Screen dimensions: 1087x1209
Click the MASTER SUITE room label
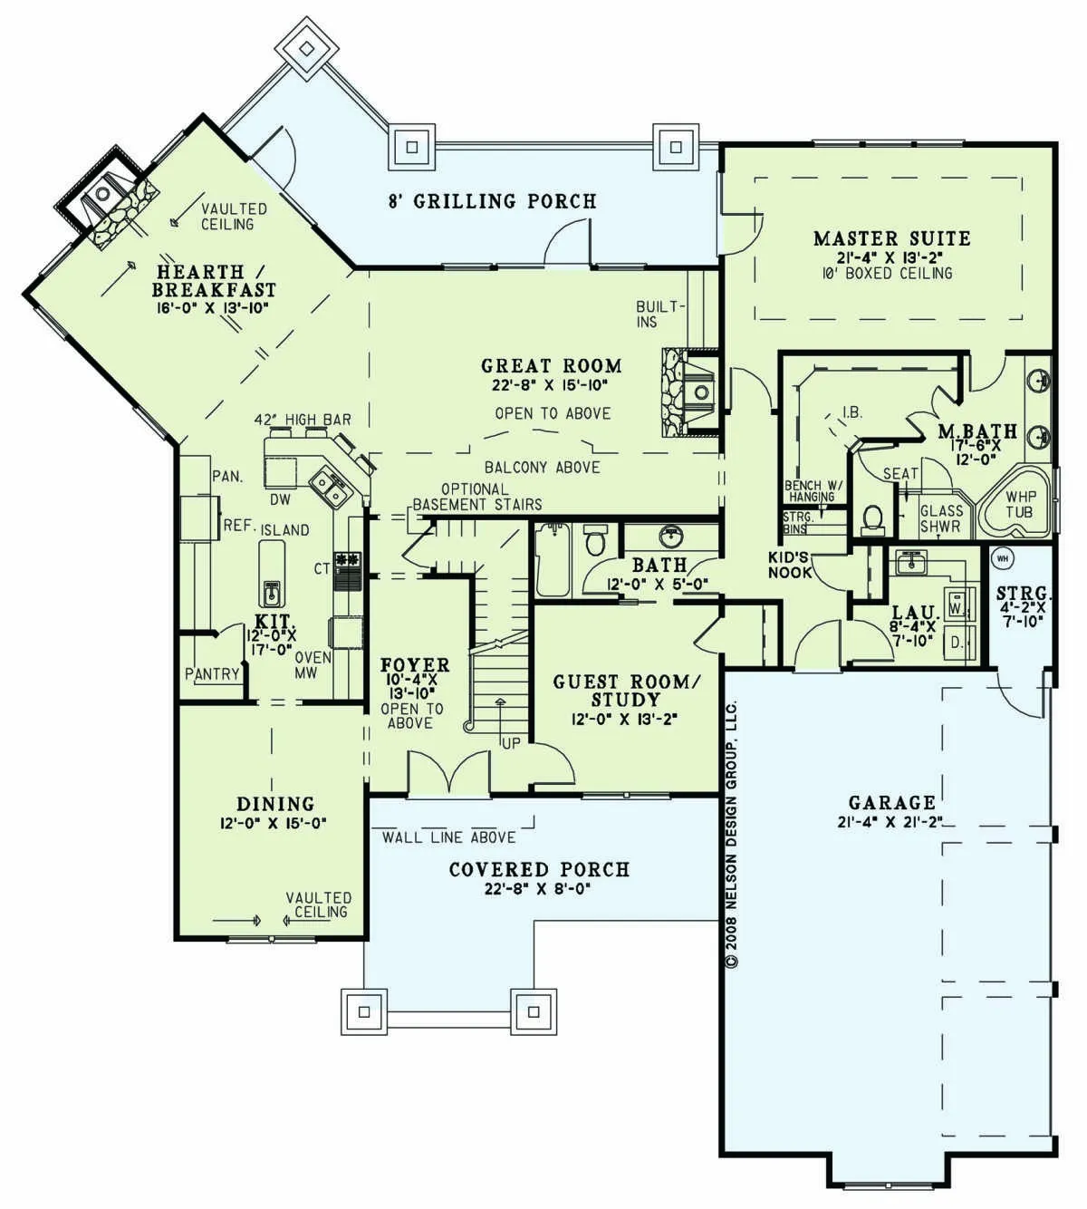(x=891, y=238)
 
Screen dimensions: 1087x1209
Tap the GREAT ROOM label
(x=552, y=366)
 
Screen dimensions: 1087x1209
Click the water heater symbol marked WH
(x=1003, y=558)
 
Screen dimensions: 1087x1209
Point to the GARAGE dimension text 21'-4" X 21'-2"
(x=890, y=822)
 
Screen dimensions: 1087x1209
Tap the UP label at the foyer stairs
(x=510, y=744)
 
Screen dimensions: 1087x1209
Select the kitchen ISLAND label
(x=284, y=530)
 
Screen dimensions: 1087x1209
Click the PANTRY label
(x=212, y=674)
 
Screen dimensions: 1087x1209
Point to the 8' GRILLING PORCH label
(x=492, y=200)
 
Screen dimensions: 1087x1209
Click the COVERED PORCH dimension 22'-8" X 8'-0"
(x=537, y=889)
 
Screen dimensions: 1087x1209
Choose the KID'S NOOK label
(x=789, y=565)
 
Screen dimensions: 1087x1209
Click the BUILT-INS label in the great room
(x=660, y=314)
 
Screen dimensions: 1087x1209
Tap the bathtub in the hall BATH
(x=552, y=560)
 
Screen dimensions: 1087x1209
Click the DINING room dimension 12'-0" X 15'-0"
(x=273, y=824)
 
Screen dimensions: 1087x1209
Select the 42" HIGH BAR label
(x=303, y=419)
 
